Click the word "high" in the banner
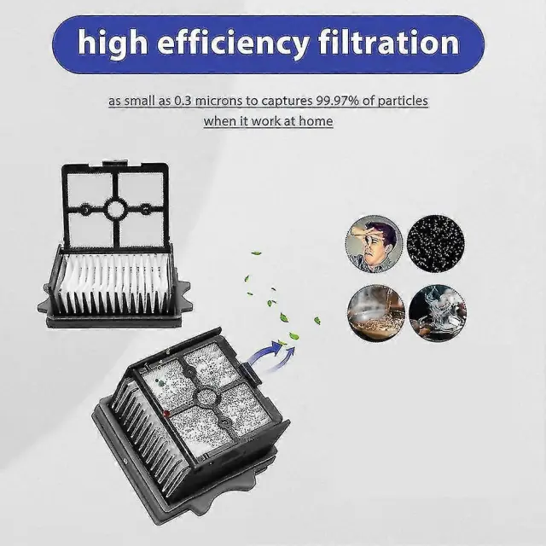pyautogui.click(x=113, y=44)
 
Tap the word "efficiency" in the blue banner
pyautogui.click(x=233, y=44)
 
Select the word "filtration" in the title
pyautogui.click(x=389, y=42)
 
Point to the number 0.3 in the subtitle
pyautogui.click(x=183, y=101)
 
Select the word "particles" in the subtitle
pyautogui.click(x=403, y=101)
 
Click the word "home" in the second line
pyautogui.click(x=316, y=121)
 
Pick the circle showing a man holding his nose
pyautogui.click(x=375, y=244)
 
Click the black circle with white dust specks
pyautogui.click(x=436, y=243)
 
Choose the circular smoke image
pyautogui.click(x=438, y=313)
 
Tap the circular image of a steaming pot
pyautogui.click(x=376, y=313)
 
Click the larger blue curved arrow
pyautogui.click(x=265, y=351)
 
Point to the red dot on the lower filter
pyautogui.click(x=166, y=414)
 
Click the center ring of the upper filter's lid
pyautogui.click(x=115, y=209)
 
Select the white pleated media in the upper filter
pyautogui.click(x=113, y=282)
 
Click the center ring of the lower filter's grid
pyautogui.click(x=206, y=396)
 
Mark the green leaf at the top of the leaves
pyautogui.click(x=256, y=253)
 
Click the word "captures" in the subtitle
pyautogui.click(x=287, y=101)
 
